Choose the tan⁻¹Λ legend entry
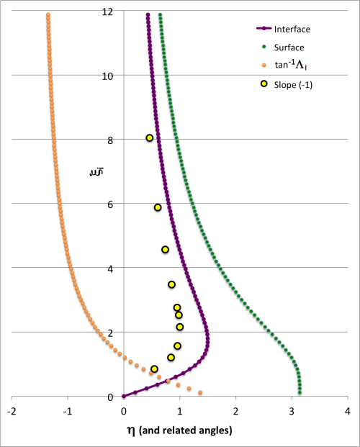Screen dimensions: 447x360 tap(287, 66)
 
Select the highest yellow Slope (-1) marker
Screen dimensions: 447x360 tap(149, 138)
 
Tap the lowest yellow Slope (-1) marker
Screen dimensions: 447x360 tap(154, 369)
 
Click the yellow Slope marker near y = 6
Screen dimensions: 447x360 tap(158, 207)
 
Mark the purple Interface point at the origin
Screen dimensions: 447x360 tap(124, 396)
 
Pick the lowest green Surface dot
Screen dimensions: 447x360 tap(300, 392)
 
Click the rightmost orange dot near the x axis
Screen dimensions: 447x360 tap(200, 392)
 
